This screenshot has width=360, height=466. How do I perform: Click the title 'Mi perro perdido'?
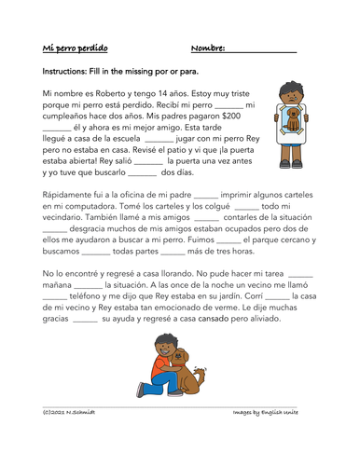click(x=76, y=48)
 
